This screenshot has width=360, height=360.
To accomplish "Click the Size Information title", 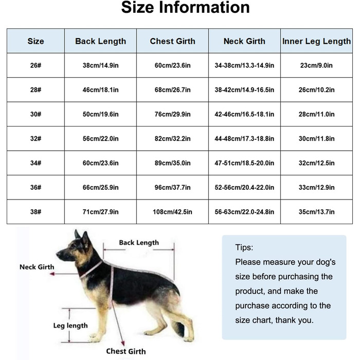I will (x=185, y=8).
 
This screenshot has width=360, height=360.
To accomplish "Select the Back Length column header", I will (x=100, y=41).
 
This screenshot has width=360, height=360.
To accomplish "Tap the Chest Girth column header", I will (x=172, y=41).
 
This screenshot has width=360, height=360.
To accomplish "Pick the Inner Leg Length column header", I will (x=316, y=41).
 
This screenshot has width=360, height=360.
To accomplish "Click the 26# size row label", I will (x=35, y=65).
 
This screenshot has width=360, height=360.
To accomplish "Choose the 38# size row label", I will (x=35, y=211).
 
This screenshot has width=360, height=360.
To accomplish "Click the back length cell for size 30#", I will (x=100, y=114).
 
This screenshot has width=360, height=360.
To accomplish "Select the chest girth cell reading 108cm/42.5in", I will (x=172, y=211).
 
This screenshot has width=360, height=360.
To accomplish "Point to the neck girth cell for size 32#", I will (x=244, y=138).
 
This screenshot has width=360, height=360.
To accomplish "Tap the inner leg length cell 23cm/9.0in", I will (x=316, y=65).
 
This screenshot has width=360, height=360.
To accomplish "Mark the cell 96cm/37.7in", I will (x=172, y=187).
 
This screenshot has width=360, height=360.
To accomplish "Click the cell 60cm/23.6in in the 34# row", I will (x=100, y=163).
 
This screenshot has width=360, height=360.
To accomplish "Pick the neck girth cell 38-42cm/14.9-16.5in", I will (x=244, y=89).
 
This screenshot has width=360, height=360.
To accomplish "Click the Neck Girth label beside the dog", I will (x=37, y=267).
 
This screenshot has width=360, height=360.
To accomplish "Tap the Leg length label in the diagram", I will (x=70, y=326).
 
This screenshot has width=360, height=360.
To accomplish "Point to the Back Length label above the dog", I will (x=139, y=242).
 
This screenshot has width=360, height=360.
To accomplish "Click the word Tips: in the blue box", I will (x=244, y=247).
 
